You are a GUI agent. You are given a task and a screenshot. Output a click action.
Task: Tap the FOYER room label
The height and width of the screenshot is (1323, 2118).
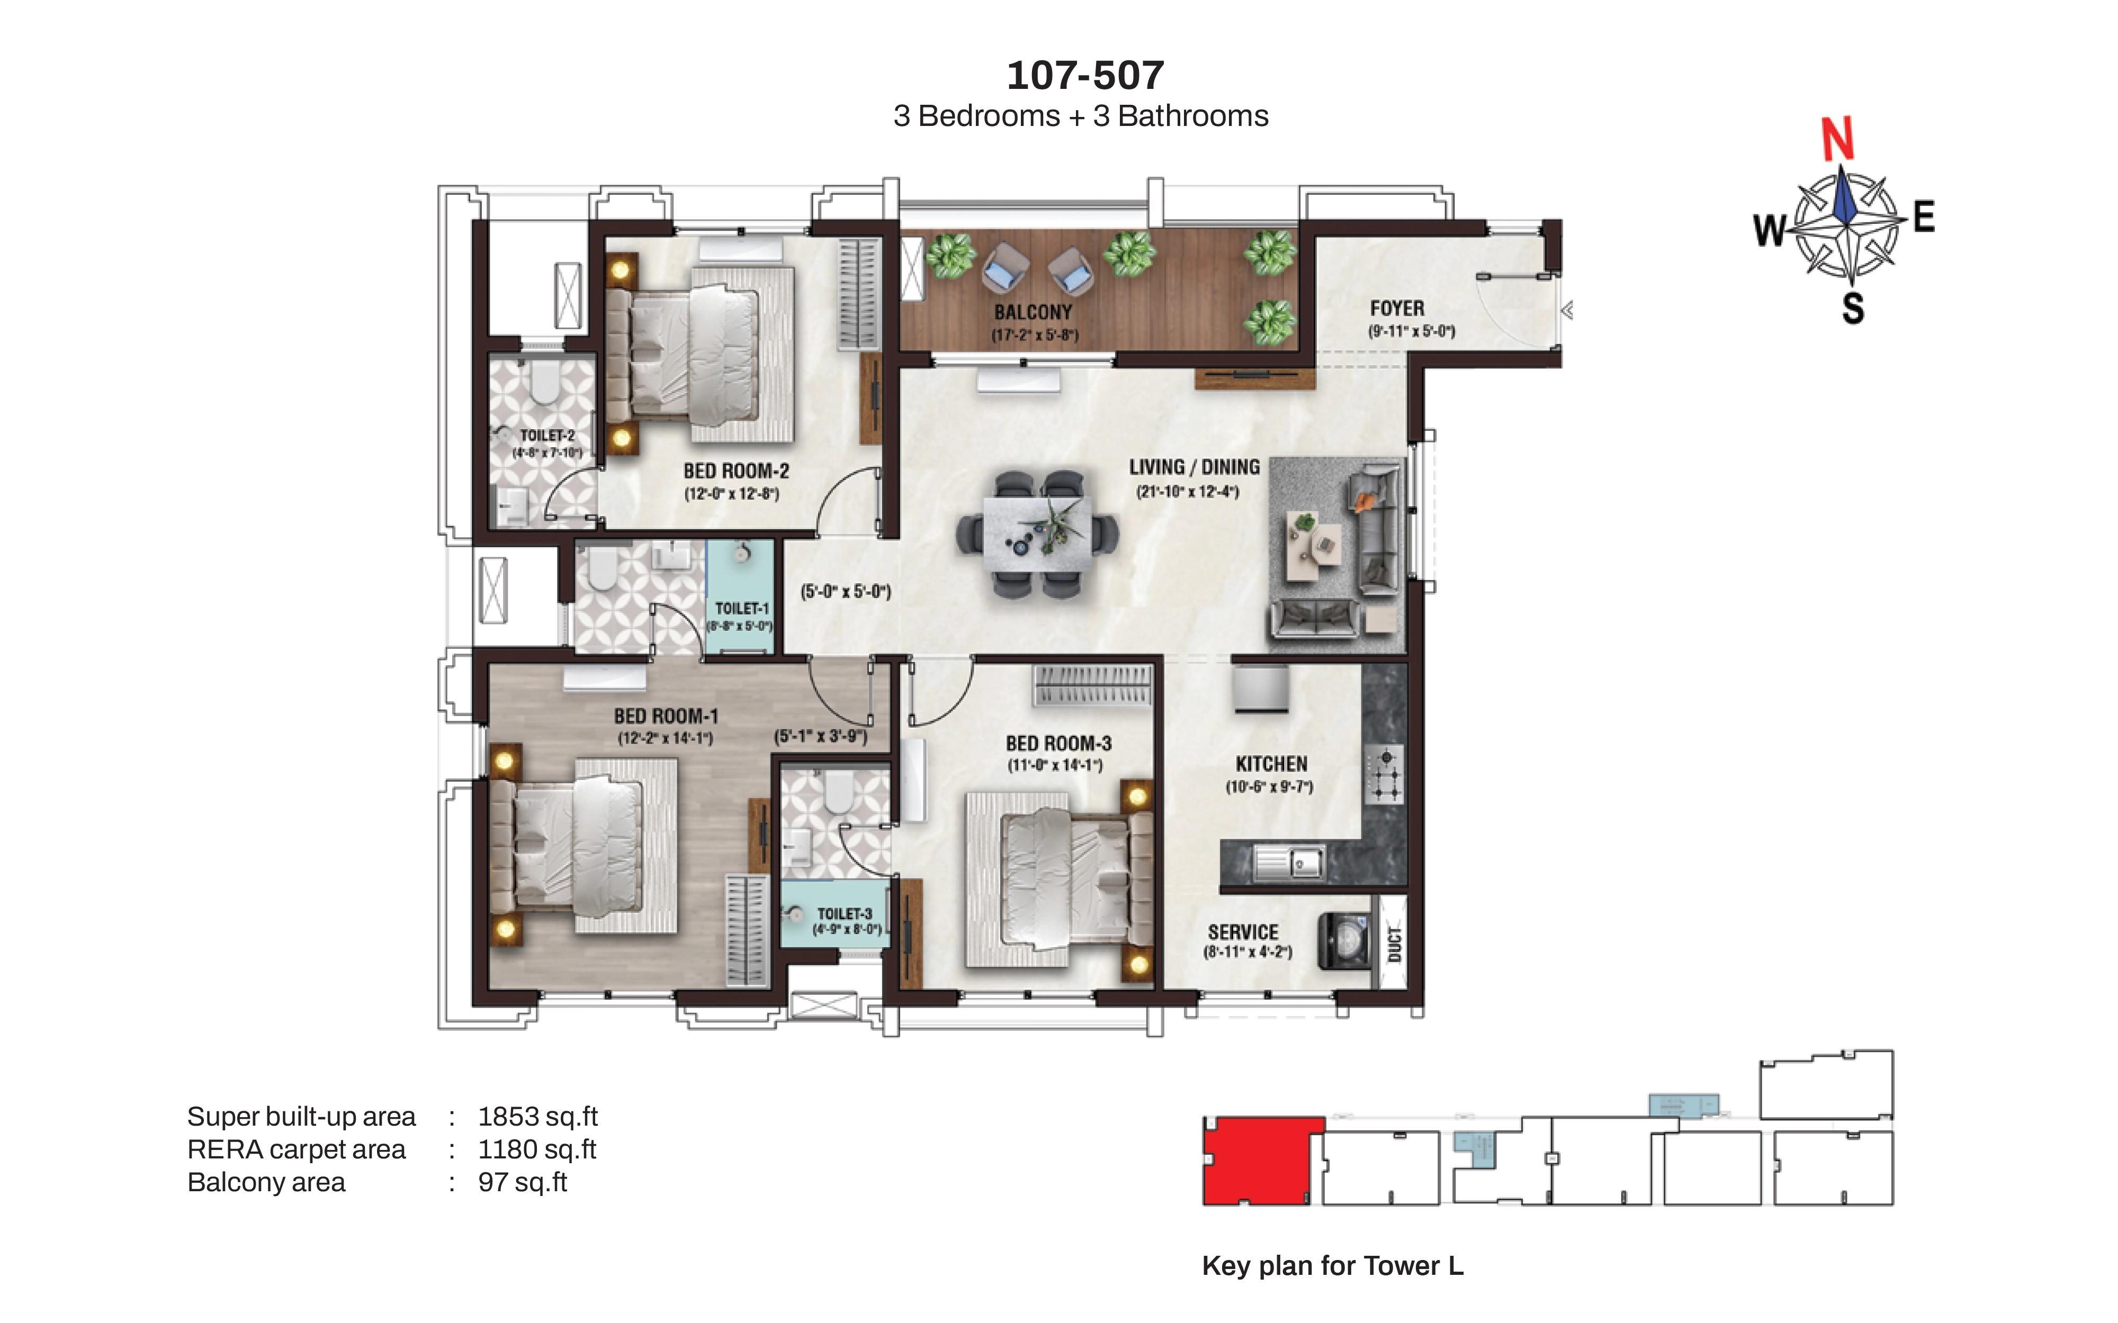tap(1397, 309)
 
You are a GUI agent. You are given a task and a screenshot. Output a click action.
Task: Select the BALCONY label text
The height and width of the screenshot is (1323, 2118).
tap(1033, 312)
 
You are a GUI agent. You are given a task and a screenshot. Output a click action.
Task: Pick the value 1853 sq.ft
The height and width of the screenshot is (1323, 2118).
tap(537, 1117)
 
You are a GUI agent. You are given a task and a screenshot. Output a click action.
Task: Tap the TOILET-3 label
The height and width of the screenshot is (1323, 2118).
tap(845, 913)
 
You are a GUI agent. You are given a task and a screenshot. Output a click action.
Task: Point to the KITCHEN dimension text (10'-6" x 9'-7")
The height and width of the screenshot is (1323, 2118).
tap(1269, 786)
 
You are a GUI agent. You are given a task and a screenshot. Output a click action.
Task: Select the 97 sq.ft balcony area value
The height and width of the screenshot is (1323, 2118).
tap(523, 1182)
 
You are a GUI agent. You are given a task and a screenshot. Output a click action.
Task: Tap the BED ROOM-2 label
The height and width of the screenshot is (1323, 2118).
tap(736, 472)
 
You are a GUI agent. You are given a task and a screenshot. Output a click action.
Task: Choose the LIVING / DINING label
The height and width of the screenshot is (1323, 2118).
tap(1194, 467)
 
